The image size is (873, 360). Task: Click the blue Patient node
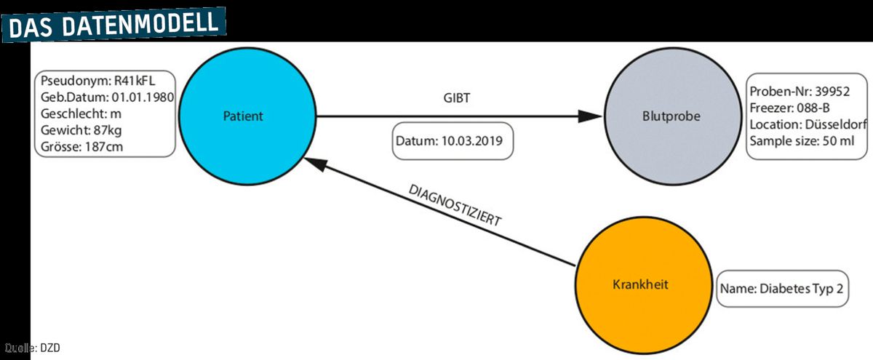coord(247,116)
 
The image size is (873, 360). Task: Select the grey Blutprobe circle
coord(673,116)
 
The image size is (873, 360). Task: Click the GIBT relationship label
coord(457,97)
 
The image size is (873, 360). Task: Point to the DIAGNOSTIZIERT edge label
coord(455,205)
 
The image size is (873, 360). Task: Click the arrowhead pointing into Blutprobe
coord(590,116)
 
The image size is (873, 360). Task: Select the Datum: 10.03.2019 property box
coord(453,141)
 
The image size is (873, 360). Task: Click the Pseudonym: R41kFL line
coord(97,81)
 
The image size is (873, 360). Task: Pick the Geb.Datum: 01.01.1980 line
coord(107,97)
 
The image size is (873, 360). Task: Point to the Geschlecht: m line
coord(81,113)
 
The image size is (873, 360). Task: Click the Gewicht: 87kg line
coord(81,130)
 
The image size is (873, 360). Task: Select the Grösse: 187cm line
coord(81,147)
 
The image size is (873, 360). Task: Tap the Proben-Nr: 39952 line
coord(800,91)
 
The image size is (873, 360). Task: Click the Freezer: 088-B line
coord(789,108)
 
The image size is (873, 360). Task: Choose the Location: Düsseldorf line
coord(808,124)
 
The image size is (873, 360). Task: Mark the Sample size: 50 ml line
coord(802,141)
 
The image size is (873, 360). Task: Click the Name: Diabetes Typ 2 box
coord(782,289)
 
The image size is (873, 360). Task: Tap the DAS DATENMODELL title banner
coord(113,25)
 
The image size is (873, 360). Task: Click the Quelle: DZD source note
coord(32,348)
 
